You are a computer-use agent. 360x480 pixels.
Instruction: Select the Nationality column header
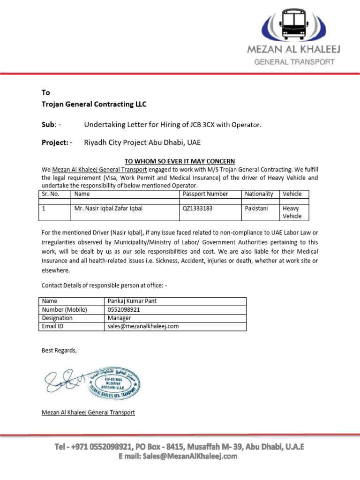259,194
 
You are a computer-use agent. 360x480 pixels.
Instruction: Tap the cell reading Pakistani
256,208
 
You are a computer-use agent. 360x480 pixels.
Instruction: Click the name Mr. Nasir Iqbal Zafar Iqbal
108,208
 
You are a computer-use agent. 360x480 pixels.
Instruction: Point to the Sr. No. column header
51,194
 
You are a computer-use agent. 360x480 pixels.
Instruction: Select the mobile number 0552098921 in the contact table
124,309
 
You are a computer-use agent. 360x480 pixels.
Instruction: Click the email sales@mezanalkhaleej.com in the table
143,326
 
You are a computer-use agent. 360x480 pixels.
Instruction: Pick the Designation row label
57,318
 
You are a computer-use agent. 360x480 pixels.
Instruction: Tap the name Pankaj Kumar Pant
132,301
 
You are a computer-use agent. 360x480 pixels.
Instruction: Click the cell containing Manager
119,318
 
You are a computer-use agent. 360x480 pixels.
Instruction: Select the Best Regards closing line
59,350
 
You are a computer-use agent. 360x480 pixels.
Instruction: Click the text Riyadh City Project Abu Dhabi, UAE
142,142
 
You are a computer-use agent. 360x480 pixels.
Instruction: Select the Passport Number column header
205,194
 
